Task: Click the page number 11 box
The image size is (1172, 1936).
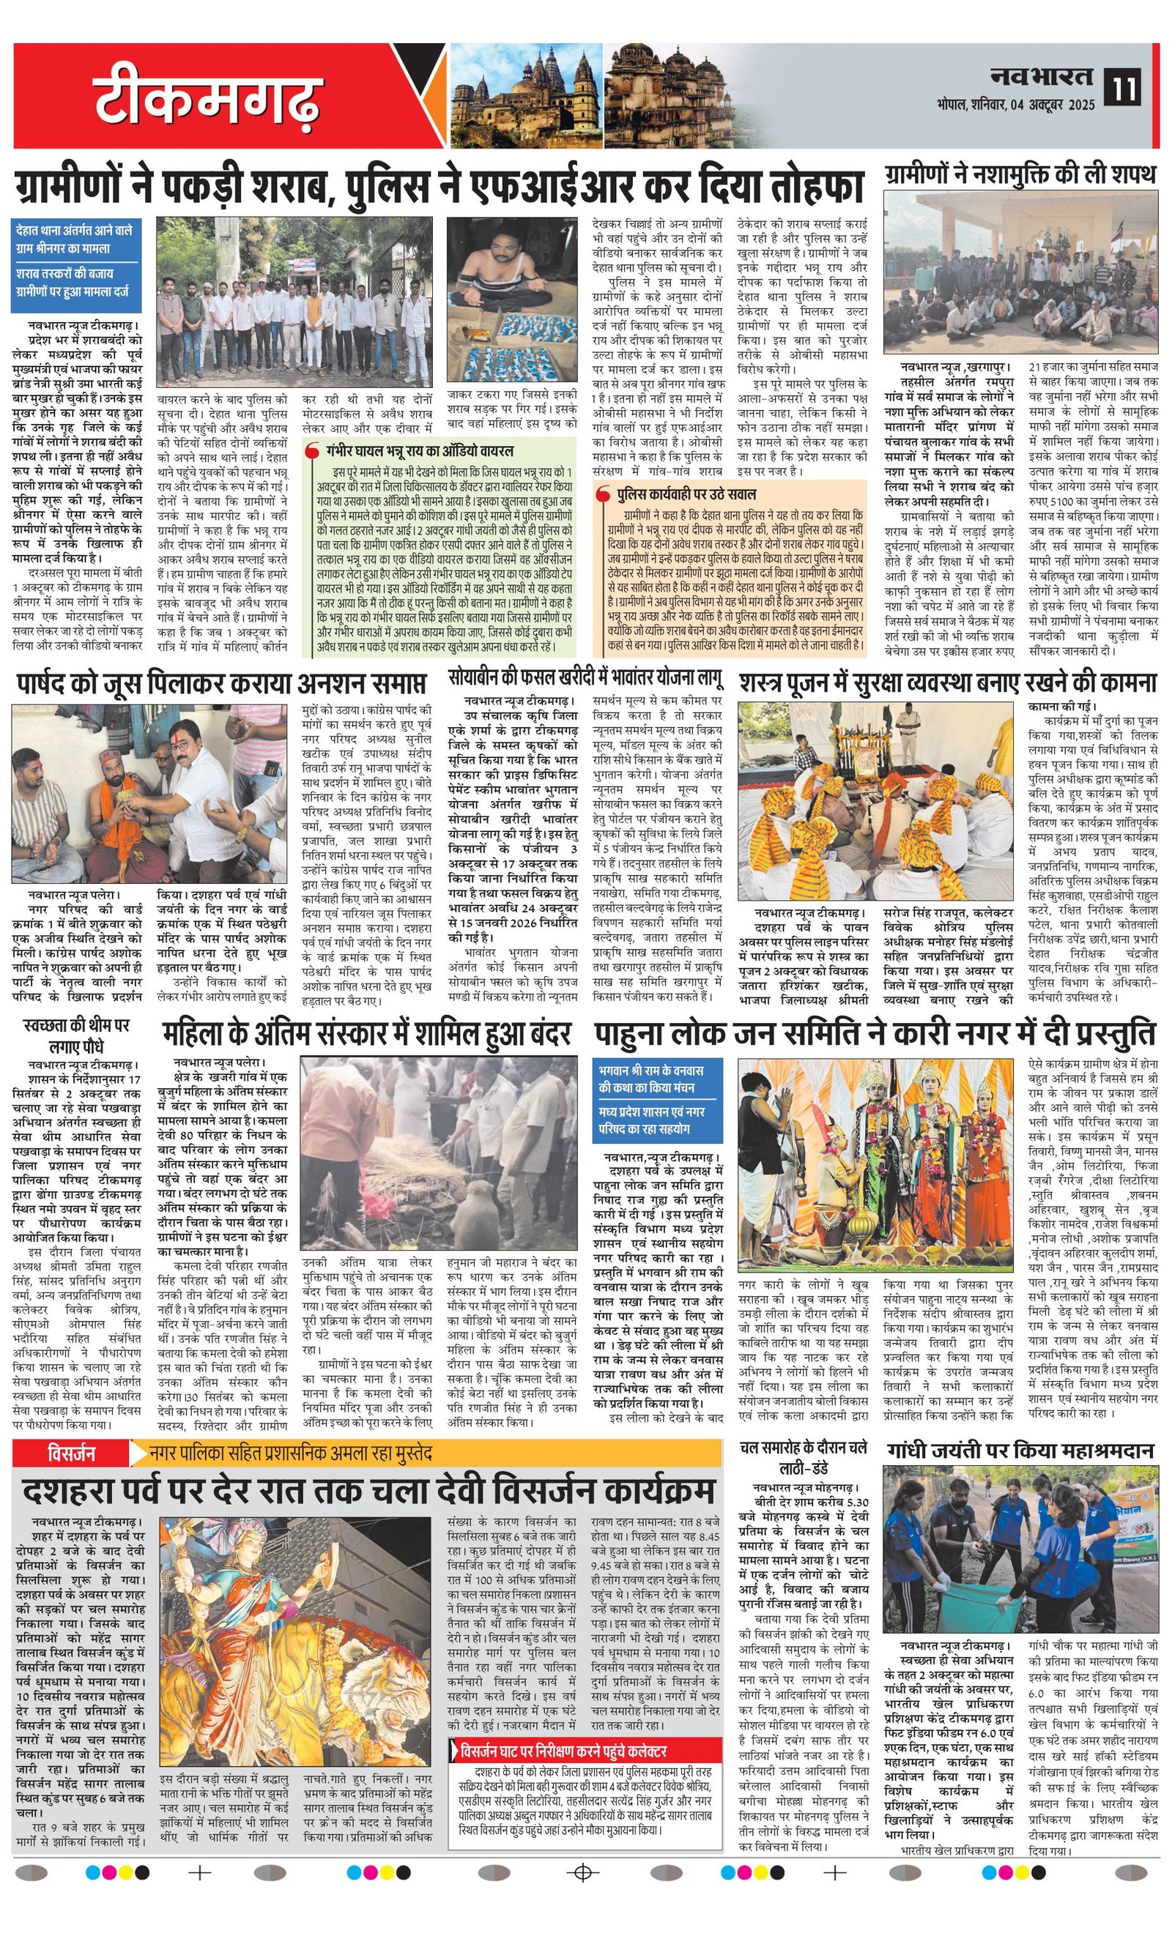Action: pyautogui.click(x=1122, y=86)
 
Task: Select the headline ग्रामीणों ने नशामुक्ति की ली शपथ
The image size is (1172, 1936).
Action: pyautogui.click(x=1020, y=174)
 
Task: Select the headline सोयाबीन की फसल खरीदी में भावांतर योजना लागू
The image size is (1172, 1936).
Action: pyautogui.click(x=585, y=677)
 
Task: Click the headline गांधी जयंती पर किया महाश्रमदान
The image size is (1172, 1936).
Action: pyautogui.click(x=1020, y=1451)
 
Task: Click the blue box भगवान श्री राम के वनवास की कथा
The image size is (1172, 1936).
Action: pyautogui.click(x=658, y=1100)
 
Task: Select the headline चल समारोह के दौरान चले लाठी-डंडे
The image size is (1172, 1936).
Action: pyautogui.click(x=803, y=1456)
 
